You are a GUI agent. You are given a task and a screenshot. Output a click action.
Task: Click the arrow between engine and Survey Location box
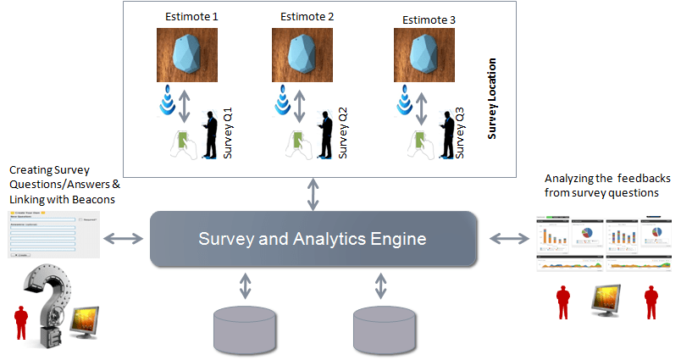click(314, 195)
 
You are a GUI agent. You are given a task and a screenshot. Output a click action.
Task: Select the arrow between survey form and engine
click(125, 239)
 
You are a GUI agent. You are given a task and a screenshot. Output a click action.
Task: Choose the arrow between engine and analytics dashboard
click(508, 239)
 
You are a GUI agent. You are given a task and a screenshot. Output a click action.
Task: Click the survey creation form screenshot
click(52, 234)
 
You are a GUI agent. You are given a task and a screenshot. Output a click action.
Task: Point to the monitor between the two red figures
click(613, 298)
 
